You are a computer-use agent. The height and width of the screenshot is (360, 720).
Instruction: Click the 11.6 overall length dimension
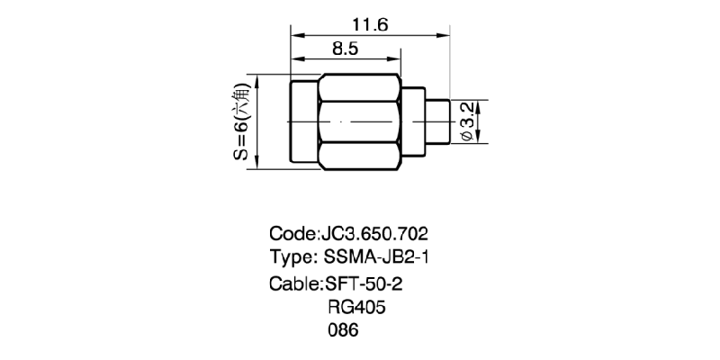[370, 25]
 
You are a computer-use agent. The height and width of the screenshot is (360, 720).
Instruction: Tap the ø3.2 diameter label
[466, 121]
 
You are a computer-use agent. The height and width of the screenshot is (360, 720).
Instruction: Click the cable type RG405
[355, 307]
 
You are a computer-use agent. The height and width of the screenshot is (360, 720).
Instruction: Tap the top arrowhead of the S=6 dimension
[258, 79]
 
